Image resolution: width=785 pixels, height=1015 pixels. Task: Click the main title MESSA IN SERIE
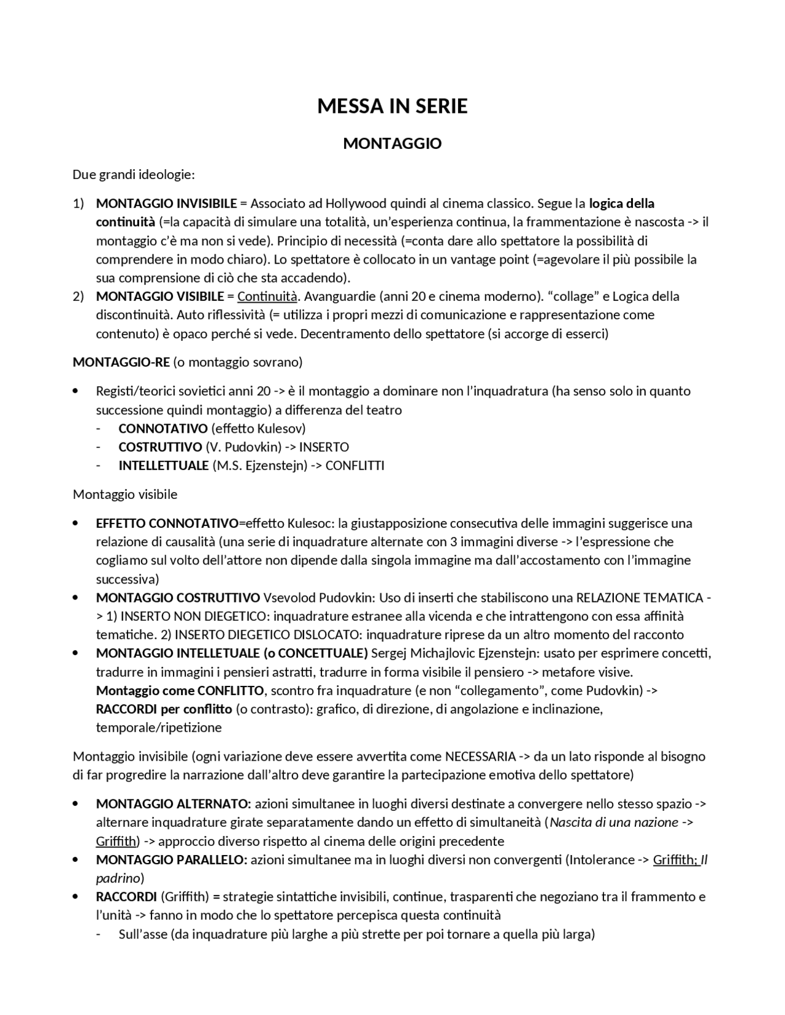point(392,107)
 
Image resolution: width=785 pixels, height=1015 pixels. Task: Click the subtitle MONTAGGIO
point(392,143)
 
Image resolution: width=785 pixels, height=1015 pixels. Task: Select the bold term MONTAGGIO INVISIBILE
point(166,203)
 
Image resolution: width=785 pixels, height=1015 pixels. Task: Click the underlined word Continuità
point(267,297)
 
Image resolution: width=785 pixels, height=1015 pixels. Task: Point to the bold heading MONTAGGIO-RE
point(121,362)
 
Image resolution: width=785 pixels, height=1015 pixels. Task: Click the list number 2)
point(78,297)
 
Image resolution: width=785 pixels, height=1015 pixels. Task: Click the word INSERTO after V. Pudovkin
point(324,447)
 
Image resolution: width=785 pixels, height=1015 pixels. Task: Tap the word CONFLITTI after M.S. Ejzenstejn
point(354,465)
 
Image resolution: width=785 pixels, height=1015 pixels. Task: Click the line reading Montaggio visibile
point(125,494)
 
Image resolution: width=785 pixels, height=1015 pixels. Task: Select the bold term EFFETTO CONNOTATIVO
point(167,523)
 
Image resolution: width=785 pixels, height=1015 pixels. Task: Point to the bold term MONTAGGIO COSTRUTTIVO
point(178,598)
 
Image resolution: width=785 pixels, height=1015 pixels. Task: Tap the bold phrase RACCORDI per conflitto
point(164,709)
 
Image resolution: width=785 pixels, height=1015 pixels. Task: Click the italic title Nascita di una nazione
point(614,823)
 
